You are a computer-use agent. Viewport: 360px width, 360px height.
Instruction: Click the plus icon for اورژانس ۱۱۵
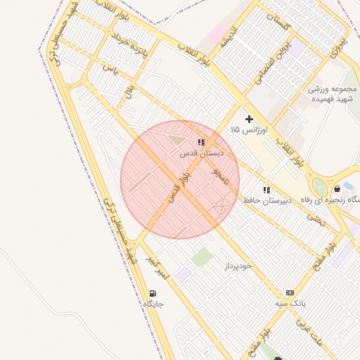pos(249,120)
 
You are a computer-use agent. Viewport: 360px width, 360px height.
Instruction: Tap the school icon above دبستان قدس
pos(201,142)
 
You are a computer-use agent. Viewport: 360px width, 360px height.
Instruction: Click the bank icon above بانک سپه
pos(290,292)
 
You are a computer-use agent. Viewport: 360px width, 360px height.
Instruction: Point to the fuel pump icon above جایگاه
pos(153,293)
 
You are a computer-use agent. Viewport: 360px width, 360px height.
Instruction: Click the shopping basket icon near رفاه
pos(337,188)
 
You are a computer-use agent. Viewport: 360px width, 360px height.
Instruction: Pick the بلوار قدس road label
pos(179,188)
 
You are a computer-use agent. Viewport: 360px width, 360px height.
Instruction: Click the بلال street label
pos(129,91)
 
